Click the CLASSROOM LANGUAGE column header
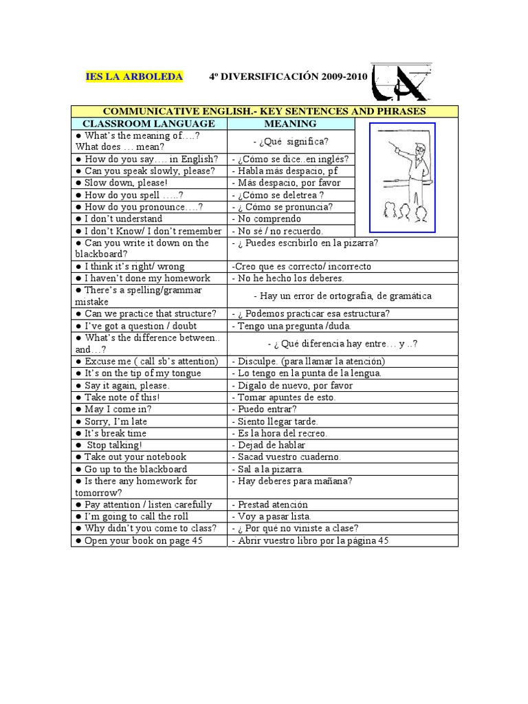(x=149, y=124)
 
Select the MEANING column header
(x=291, y=124)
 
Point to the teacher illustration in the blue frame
(x=402, y=177)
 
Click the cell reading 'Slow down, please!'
(x=125, y=183)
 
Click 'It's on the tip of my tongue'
(x=142, y=373)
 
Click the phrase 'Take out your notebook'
(x=135, y=456)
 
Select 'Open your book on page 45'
(x=144, y=541)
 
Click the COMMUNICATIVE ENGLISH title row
(x=265, y=111)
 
